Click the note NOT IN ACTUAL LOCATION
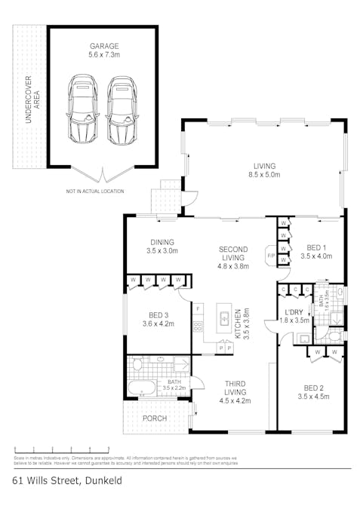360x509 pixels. point(95,192)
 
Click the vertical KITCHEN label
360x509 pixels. point(237,324)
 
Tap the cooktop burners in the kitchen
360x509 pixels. point(198,327)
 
